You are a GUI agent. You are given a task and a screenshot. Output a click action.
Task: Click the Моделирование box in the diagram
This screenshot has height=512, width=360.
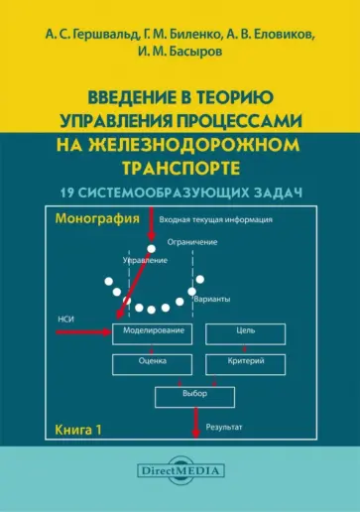(152, 332)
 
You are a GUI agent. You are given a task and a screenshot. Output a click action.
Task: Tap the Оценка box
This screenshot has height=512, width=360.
(152, 363)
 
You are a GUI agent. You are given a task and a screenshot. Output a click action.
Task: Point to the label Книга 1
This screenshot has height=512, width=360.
(78, 431)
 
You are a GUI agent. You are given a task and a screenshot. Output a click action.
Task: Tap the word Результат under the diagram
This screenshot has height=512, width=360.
(225, 429)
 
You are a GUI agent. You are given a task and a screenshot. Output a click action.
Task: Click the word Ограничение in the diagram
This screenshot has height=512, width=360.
(194, 241)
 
